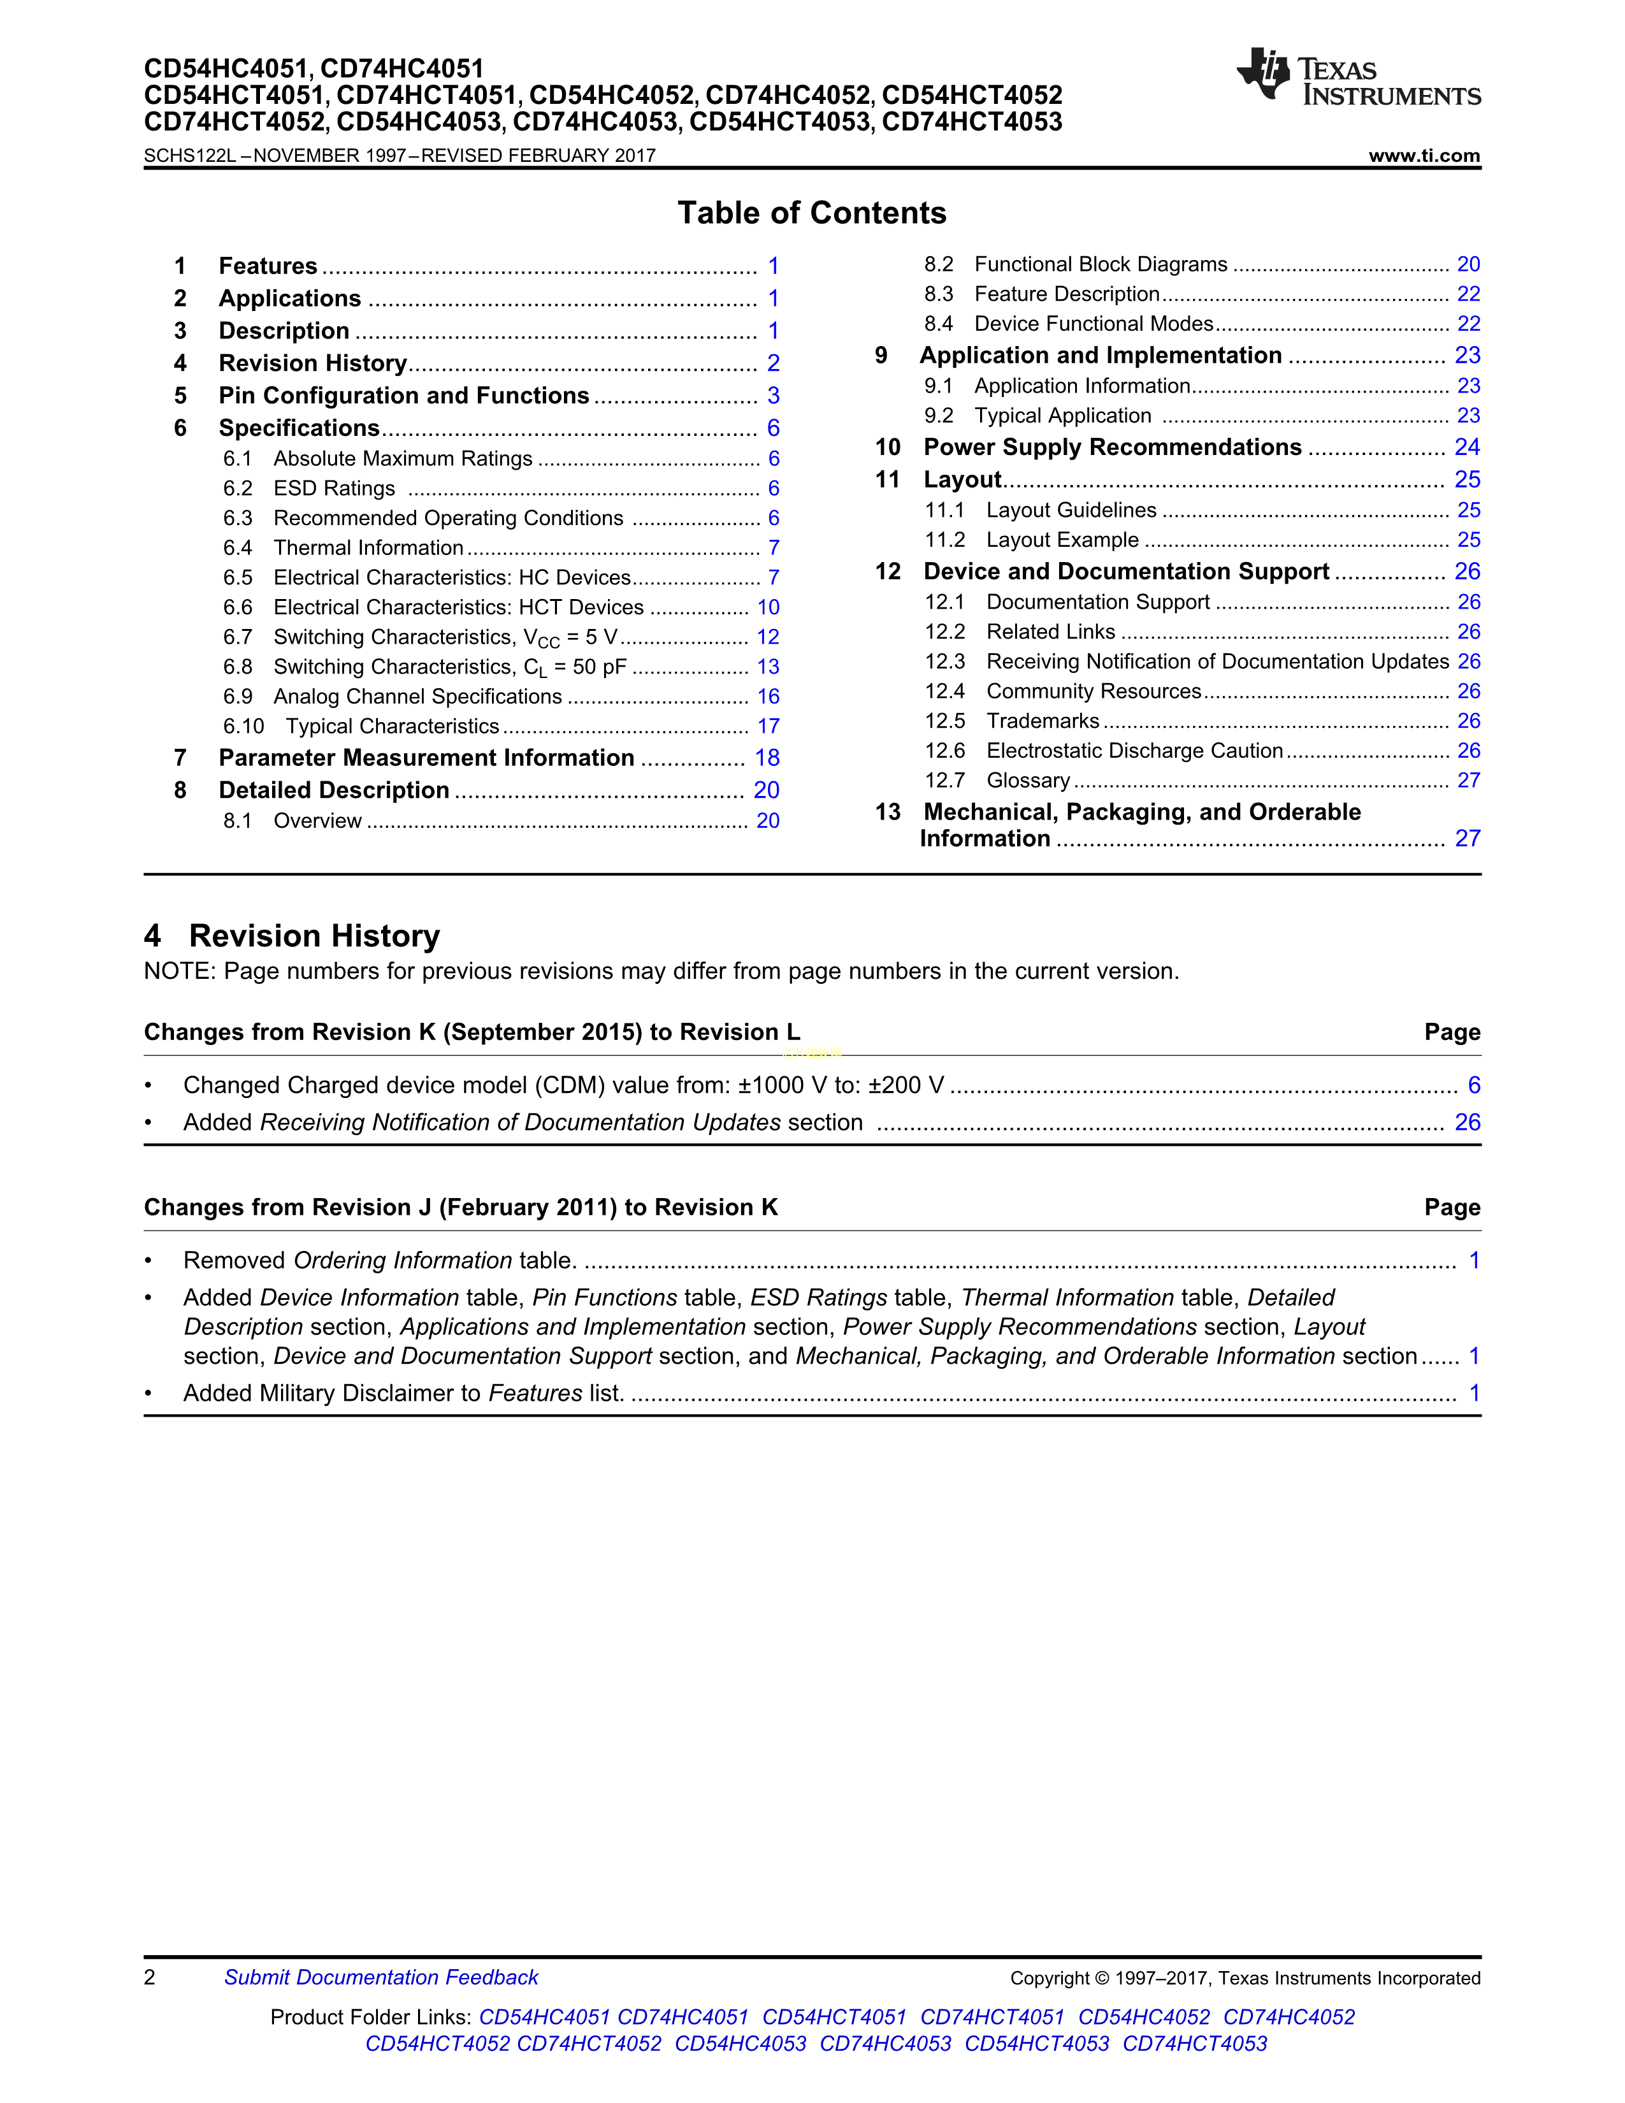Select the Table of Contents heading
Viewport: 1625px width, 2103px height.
[811, 213]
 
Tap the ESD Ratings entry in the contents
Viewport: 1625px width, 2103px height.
[334, 488]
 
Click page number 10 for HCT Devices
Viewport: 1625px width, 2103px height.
[767, 607]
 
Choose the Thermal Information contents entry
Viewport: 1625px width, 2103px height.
[368, 548]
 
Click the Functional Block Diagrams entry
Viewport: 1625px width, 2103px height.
[1101, 265]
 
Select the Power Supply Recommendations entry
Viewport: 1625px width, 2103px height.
[1112, 448]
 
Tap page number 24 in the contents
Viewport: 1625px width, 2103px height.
[1466, 448]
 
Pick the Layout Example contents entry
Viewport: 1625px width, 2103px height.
[1062, 540]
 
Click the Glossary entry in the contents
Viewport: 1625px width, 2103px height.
[1027, 781]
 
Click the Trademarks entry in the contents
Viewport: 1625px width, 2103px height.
[1042, 721]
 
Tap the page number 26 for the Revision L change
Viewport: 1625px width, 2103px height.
[1466, 1123]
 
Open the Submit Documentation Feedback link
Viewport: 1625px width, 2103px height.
[380, 1978]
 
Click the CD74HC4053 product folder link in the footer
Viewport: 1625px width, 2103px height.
[885, 2044]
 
